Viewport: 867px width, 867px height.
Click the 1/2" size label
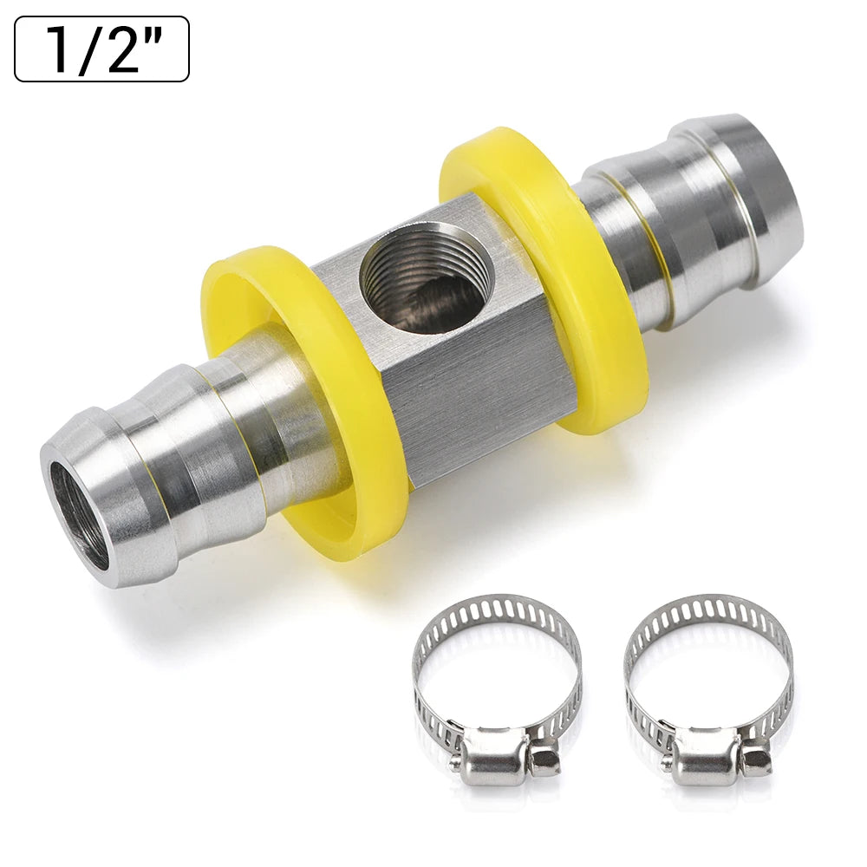point(101,49)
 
